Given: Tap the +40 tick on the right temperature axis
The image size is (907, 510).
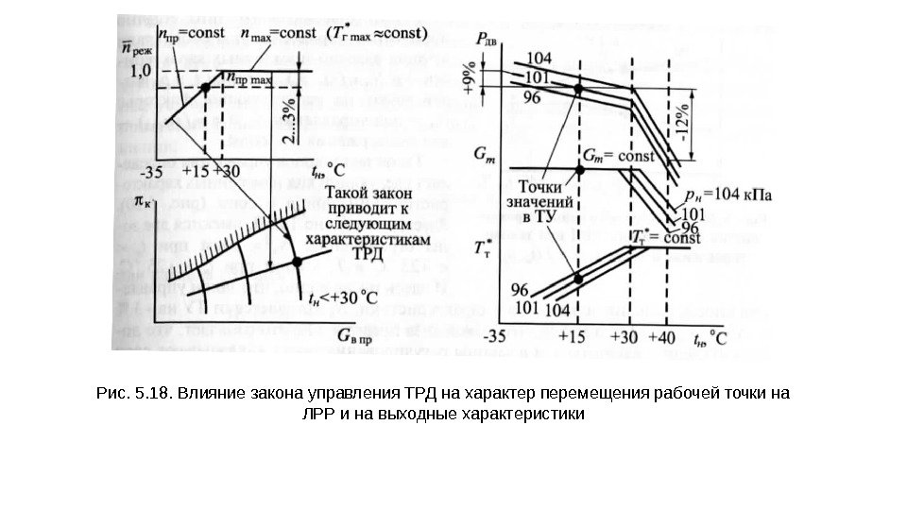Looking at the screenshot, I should click(668, 337).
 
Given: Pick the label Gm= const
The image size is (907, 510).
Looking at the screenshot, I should click(619, 154).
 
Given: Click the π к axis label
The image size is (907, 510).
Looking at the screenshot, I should click(146, 201).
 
